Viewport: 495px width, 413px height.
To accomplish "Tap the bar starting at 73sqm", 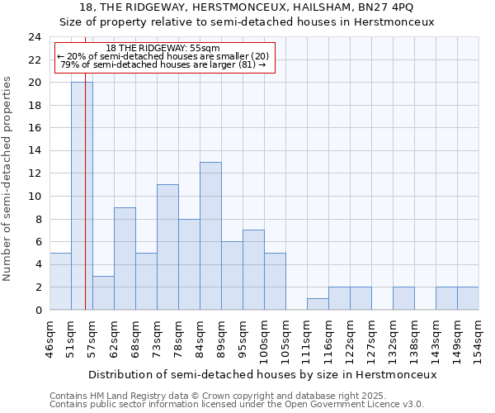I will point(167,247).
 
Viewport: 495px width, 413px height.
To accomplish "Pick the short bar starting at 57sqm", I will point(103,292).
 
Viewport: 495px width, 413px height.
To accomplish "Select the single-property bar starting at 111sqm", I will point(318,304).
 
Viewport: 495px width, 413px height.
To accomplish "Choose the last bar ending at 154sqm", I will point(468,298).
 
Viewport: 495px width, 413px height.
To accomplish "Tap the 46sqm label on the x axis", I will point(50,339).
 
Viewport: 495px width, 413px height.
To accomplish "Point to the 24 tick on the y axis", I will point(35,37).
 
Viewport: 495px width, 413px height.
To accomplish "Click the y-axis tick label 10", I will point(35,197).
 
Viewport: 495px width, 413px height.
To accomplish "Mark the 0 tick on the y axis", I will point(38,310).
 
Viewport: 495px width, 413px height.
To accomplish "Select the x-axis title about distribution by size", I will point(262,374).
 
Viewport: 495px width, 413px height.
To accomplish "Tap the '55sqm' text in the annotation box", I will point(202,48).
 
